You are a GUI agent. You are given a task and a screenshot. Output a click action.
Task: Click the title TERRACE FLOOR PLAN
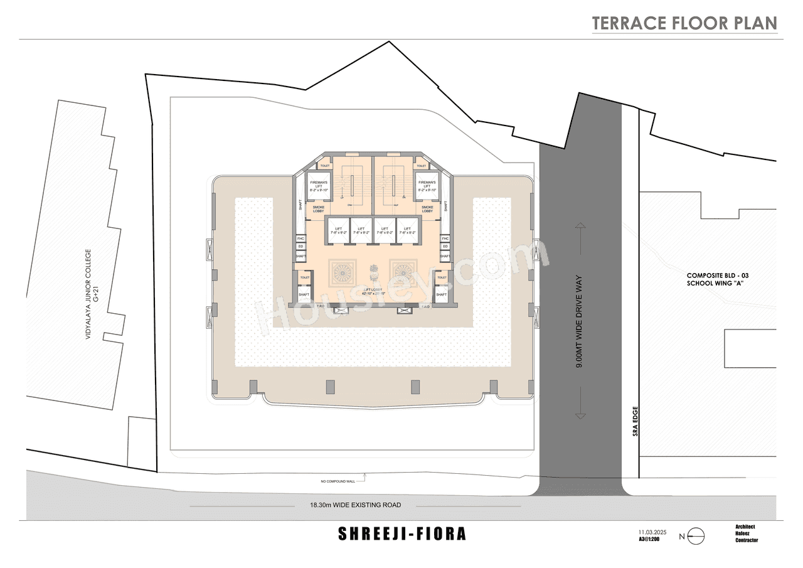(684, 23)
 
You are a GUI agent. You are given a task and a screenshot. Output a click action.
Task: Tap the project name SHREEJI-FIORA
(402, 534)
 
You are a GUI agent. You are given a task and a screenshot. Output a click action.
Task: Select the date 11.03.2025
(652, 532)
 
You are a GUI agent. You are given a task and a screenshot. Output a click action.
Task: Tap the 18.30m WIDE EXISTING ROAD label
(355, 505)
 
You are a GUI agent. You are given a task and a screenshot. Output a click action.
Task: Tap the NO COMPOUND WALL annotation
(338, 481)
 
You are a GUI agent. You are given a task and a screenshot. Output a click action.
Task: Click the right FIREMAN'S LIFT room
(427, 186)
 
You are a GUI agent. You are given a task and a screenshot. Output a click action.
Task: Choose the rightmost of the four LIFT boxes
(407, 230)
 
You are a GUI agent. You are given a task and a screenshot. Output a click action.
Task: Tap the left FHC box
(301, 238)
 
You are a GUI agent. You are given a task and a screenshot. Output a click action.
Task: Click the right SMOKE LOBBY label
(427, 210)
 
